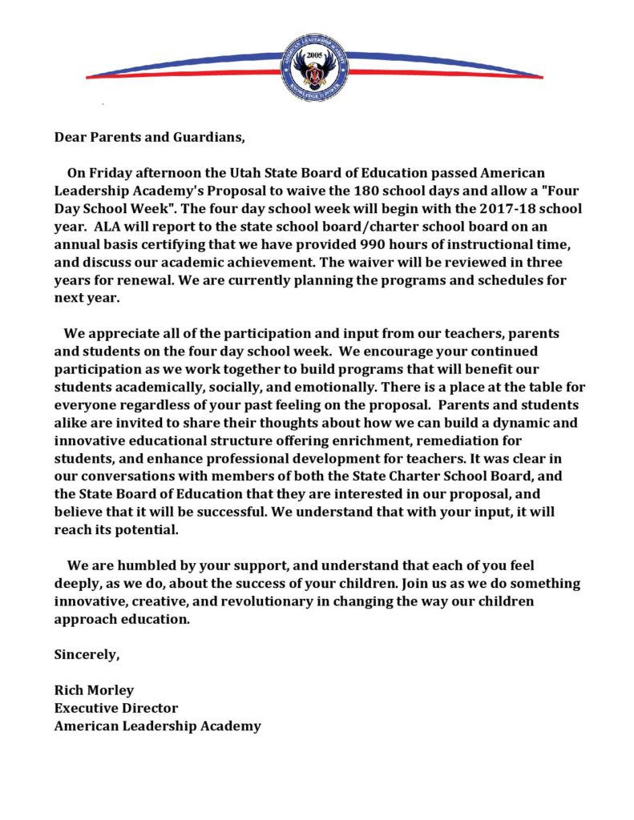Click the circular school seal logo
pyautogui.click(x=314, y=68)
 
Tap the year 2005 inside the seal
pyautogui.click(x=314, y=57)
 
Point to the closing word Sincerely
pyautogui.click(x=87, y=655)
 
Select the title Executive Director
pyautogui.click(x=116, y=708)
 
